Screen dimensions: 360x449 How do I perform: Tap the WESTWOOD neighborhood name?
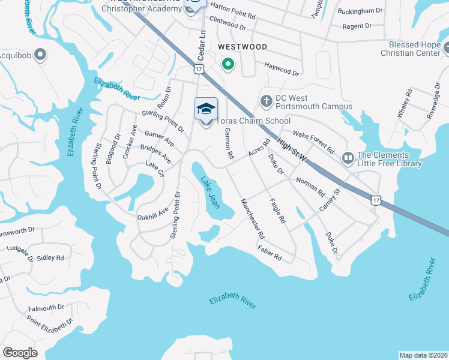click(x=242, y=46)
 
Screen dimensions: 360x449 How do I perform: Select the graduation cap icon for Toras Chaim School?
click(x=206, y=109)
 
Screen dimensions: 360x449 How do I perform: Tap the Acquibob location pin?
click(x=40, y=56)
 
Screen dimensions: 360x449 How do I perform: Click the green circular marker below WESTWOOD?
click(x=228, y=64)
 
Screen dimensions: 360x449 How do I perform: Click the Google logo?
click(x=20, y=353)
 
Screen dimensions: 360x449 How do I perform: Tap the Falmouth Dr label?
click(x=46, y=308)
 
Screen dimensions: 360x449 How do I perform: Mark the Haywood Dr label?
click(x=282, y=68)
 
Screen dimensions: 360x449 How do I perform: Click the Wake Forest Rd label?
click(x=313, y=141)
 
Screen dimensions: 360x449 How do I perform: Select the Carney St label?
click(x=329, y=200)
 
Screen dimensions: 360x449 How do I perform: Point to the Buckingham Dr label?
click(x=360, y=11)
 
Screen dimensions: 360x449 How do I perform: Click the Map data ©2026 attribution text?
click(x=423, y=355)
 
